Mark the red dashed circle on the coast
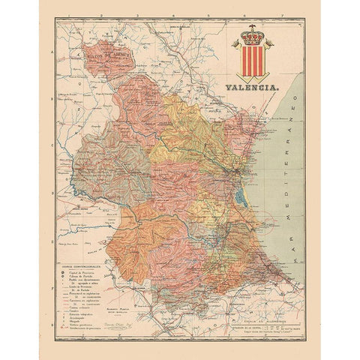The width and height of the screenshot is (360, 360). (x=266, y=223)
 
